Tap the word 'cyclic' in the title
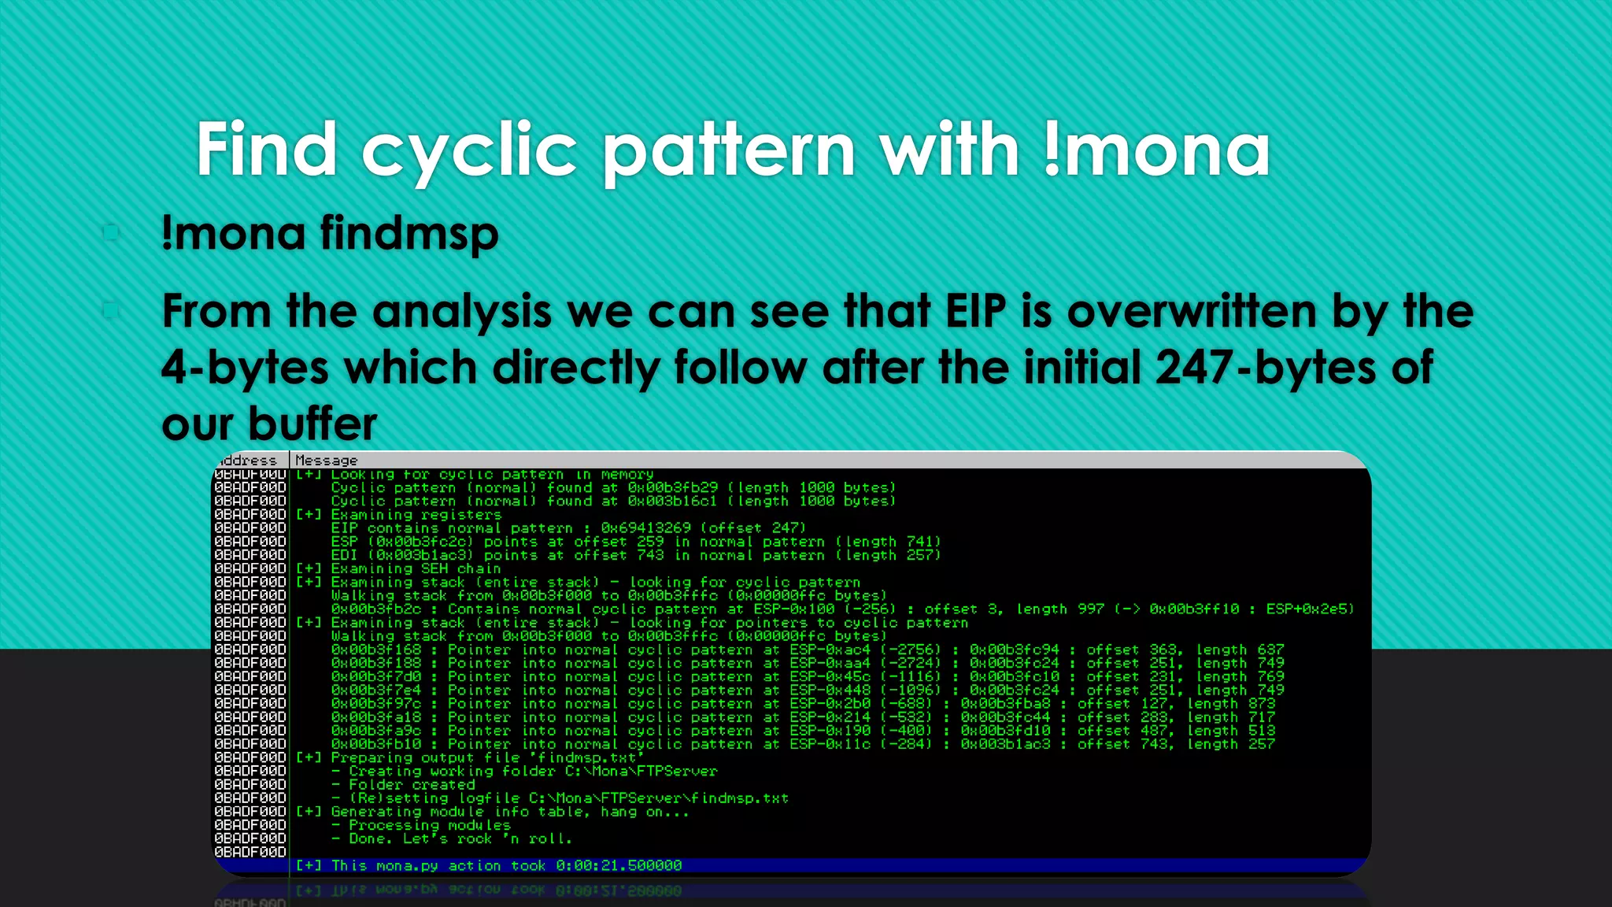click(x=469, y=150)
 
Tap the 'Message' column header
click(x=326, y=461)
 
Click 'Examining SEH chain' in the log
click(x=416, y=568)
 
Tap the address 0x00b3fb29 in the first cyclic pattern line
click(x=672, y=488)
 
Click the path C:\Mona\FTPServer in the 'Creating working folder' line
click(x=641, y=771)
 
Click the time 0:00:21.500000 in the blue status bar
click(x=619, y=865)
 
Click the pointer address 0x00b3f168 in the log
click(x=376, y=650)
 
